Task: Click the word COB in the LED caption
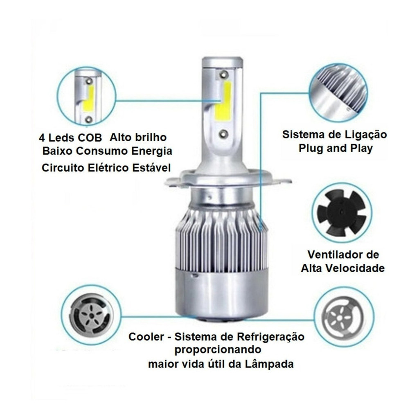(x=90, y=138)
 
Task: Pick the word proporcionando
(x=218, y=350)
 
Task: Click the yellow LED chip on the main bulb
(x=223, y=101)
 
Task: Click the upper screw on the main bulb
(x=223, y=74)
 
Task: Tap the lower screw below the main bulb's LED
(x=223, y=134)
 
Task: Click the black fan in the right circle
(x=341, y=212)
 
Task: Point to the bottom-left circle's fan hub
(x=92, y=315)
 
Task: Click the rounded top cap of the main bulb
(x=222, y=61)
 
